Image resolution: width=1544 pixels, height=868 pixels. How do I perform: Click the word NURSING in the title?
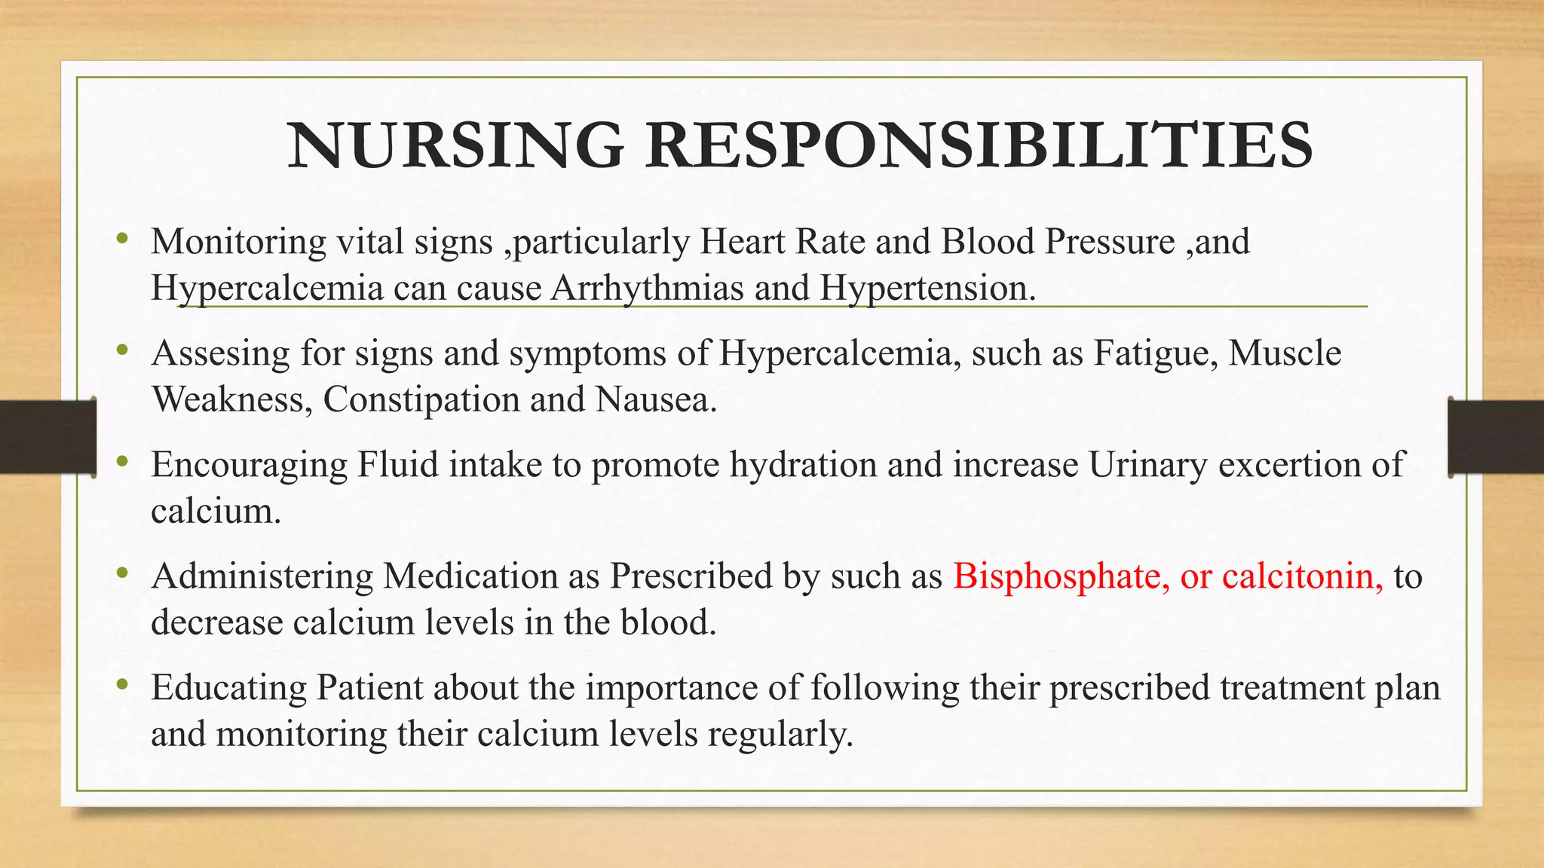pyautogui.click(x=455, y=145)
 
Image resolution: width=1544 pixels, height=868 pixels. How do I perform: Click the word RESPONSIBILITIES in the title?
pyautogui.click(x=979, y=145)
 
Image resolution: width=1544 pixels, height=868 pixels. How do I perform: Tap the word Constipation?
pyautogui.click(x=421, y=399)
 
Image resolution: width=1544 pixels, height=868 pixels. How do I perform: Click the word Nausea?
pyautogui.click(x=656, y=399)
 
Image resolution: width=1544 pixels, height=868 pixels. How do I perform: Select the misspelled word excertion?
pyautogui.click(x=1289, y=465)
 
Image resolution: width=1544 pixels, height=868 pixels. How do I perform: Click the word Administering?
pyautogui.click(x=262, y=576)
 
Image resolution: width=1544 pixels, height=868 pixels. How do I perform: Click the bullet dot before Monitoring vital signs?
pyautogui.click(x=122, y=240)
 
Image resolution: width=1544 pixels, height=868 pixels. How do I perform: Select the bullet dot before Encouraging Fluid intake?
pyautogui.click(x=122, y=463)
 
